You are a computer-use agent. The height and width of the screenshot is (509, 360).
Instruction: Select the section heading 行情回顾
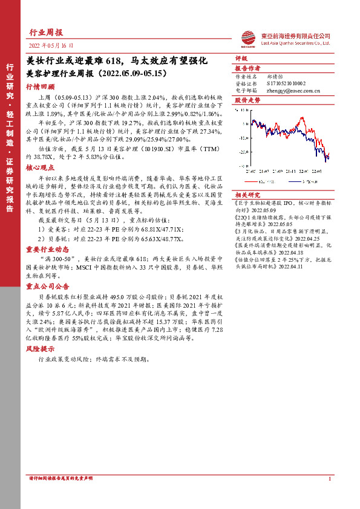[40, 86]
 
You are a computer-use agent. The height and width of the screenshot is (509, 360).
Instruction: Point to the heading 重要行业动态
[44, 232]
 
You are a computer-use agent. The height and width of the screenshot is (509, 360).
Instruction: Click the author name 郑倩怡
[276, 77]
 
